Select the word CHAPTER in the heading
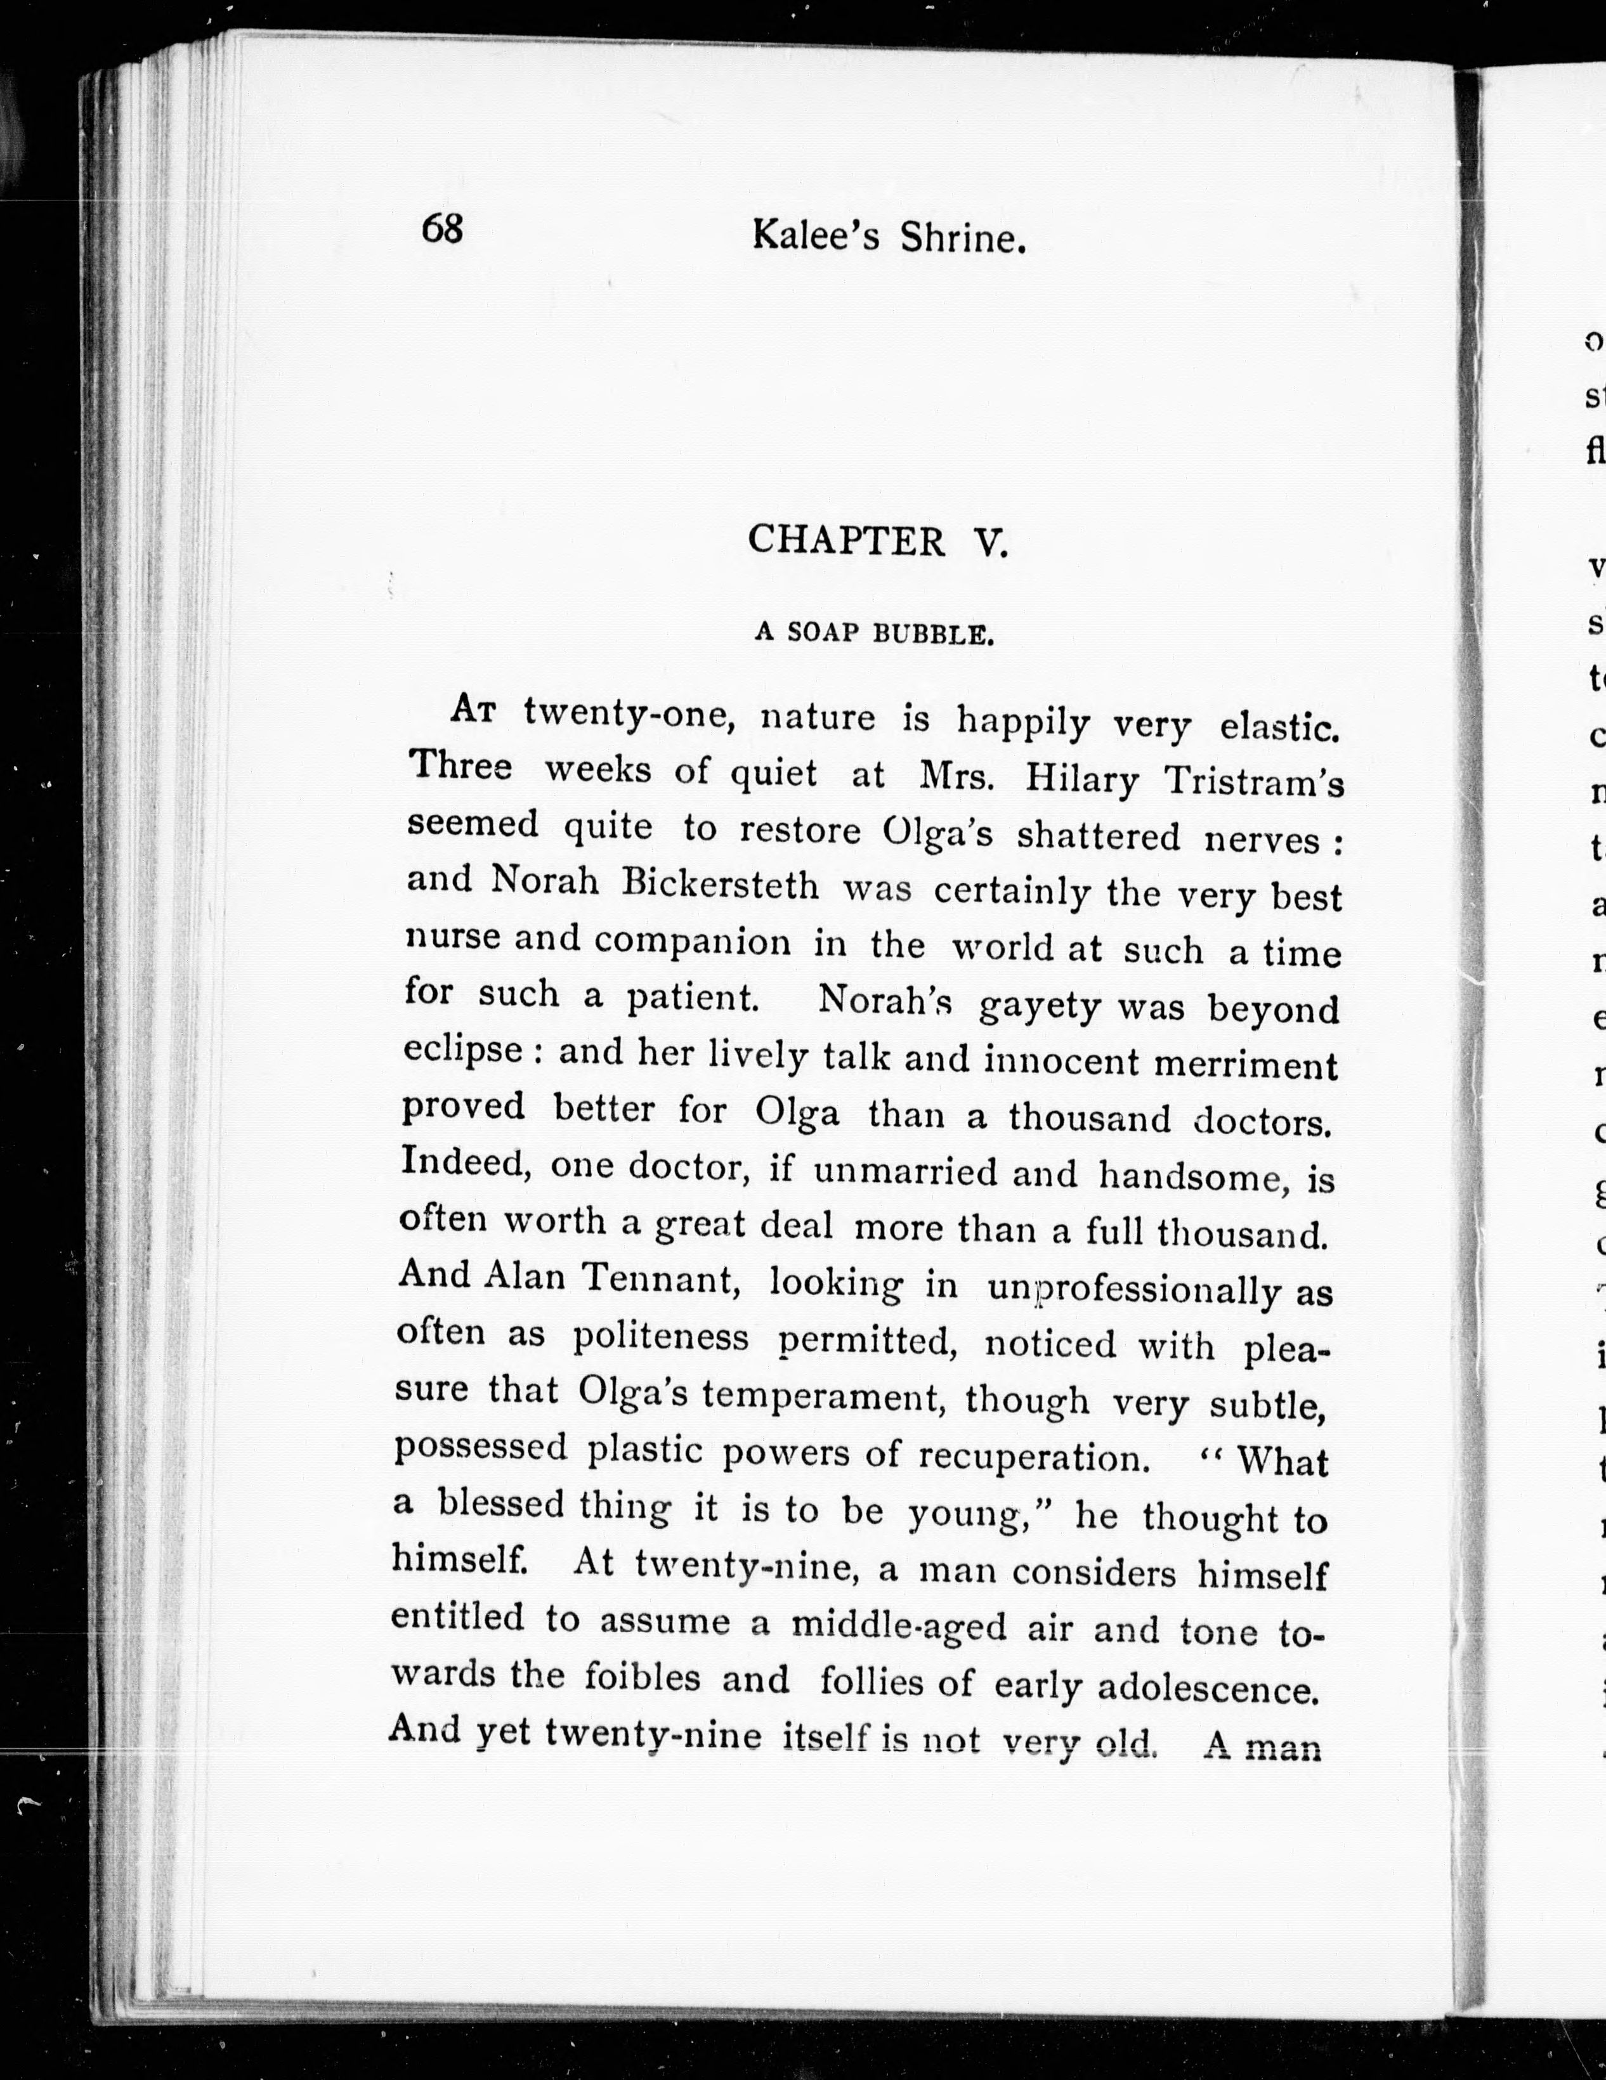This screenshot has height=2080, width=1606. click(x=846, y=540)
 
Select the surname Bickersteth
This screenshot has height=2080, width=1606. click(x=720, y=885)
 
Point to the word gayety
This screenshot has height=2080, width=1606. click(x=1039, y=1006)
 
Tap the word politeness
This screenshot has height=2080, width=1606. click(x=661, y=1337)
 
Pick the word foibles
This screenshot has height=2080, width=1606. click(x=644, y=1677)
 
